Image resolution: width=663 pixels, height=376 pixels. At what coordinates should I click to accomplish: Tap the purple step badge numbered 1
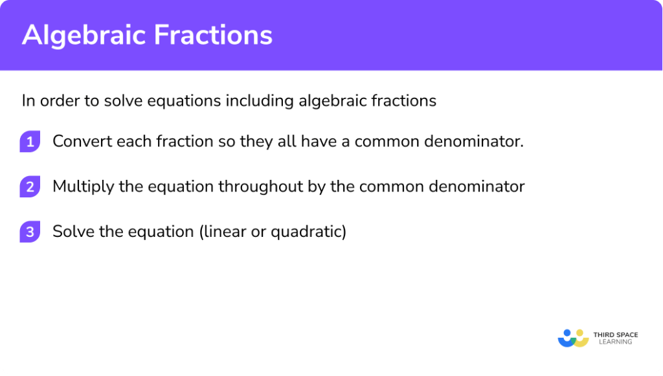[x=30, y=141]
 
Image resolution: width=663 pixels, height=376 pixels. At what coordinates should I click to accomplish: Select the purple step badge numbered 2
[x=30, y=187]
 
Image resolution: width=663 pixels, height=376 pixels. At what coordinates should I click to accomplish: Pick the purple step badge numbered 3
[x=30, y=232]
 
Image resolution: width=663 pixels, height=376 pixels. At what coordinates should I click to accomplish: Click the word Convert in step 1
[x=79, y=141]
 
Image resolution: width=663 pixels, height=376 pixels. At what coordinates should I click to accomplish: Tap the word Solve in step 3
[x=71, y=232]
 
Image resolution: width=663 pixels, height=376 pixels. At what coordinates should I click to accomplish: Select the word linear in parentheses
[x=226, y=232]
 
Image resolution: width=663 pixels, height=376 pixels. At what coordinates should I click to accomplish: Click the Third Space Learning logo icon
[x=573, y=338]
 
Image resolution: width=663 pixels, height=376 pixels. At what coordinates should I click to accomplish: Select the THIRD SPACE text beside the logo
[x=616, y=335]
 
